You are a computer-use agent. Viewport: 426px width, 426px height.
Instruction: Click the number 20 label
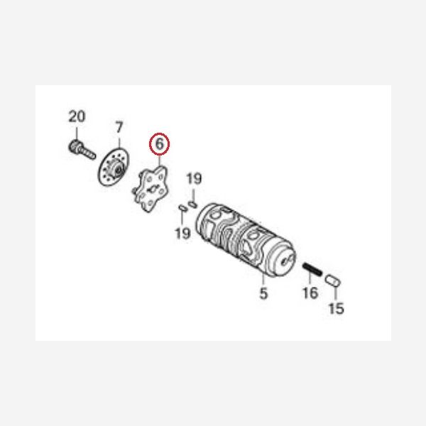click(x=77, y=116)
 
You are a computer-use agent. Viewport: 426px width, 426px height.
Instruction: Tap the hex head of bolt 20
click(x=75, y=147)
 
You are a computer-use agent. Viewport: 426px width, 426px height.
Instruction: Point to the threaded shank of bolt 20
click(x=88, y=153)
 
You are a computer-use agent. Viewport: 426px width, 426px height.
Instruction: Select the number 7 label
click(x=119, y=127)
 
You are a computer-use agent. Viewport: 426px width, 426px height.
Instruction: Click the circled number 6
click(x=159, y=144)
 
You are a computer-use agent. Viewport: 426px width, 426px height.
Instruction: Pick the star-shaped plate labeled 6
click(x=151, y=189)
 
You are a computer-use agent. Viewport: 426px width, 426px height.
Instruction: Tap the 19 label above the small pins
click(x=194, y=179)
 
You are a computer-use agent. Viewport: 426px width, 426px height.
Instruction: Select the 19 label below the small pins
click(x=182, y=233)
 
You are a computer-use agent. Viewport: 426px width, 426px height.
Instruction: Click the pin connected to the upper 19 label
click(x=192, y=204)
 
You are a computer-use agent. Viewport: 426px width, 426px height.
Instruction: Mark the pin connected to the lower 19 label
click(x=182, y=208)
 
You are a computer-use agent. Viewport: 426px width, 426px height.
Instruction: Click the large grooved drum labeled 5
click(x=246, y=240)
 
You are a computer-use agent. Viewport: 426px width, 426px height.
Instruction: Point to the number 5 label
click(x=263, y=293)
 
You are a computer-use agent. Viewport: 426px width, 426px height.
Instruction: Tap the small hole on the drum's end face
click(x=285, y=261)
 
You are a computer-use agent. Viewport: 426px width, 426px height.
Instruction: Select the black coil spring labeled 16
click(x=312, y=269)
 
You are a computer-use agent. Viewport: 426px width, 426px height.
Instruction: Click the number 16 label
click(x=310, y=293)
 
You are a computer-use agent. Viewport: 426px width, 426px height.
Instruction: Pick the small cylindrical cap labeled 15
click(x=333, y=280)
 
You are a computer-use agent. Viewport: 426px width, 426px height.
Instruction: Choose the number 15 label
click(x=337, y=308)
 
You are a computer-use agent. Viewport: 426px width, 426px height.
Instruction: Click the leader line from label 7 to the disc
click(x=119, y=143)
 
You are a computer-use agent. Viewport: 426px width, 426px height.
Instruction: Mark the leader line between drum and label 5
click(x=263, y=280)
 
